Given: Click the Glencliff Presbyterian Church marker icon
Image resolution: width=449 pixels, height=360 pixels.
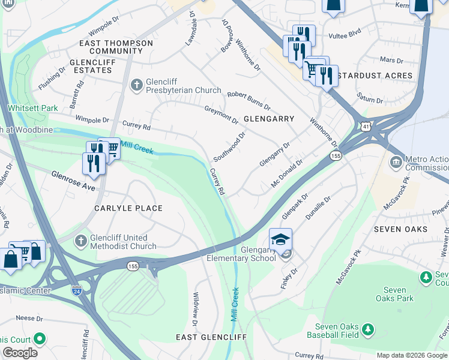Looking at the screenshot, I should click(x=137, y=85).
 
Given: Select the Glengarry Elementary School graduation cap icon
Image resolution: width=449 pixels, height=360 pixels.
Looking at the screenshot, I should click(x=280, y=239).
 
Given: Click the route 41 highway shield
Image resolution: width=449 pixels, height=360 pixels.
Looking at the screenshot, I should click(x=366, y=126).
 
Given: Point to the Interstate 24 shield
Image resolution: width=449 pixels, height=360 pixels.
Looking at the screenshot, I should click(x=76, y=290).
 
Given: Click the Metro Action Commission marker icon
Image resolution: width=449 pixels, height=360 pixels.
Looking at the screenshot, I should click(x=396, y=162).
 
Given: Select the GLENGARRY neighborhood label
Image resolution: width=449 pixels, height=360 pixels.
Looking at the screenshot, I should click(x=268, y=119).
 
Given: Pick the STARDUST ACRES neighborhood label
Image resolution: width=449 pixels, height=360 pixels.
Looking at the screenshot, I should click(x=375, y=76).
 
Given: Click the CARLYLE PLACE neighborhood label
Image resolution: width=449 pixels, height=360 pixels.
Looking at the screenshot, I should click(x=128, y=208).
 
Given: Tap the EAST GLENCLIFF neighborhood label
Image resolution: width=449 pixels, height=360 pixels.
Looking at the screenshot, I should click(x=211, y=337).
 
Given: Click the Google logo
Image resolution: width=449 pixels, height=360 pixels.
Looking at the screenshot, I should click(x=20, y=353).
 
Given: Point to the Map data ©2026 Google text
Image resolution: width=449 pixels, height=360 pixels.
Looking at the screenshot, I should click(x=411, y=355).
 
